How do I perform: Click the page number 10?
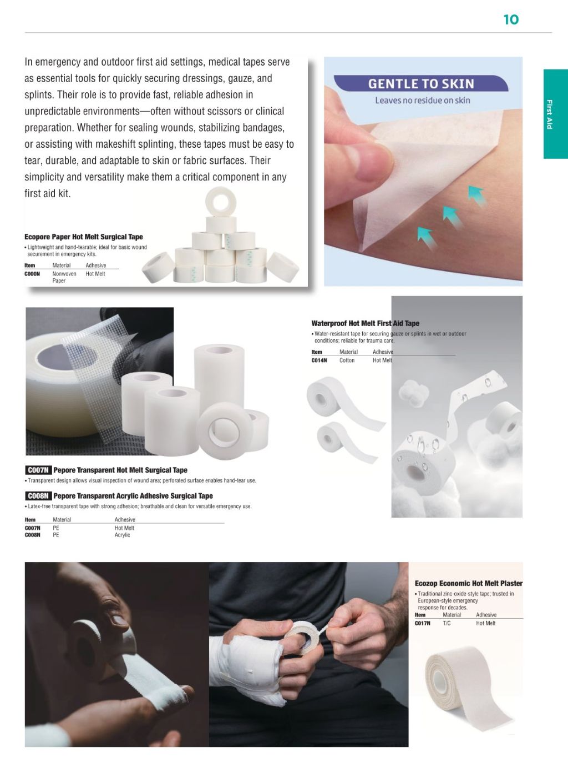pos(510,20)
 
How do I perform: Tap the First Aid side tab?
pos(555,114)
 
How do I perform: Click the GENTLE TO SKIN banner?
pos(421,84)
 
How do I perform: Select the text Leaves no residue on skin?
pos(422,101)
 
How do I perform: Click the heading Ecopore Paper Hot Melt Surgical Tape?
pos(84,237)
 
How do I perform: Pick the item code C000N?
pos(32,274)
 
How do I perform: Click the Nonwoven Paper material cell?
pos(64,277)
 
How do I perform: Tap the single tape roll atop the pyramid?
pos(221,200)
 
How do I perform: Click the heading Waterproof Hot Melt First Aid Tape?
pos(365,323)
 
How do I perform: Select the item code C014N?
pos(319,360)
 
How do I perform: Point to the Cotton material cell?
pos(347,360)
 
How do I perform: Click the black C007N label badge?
pos(38,470)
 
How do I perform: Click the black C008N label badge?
pos(38,496)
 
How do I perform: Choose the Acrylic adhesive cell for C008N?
pos(122,535)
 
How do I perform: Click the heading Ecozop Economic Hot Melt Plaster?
pos(468,583)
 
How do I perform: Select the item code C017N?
pos(422,623)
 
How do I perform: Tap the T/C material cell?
pos(447,623)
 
